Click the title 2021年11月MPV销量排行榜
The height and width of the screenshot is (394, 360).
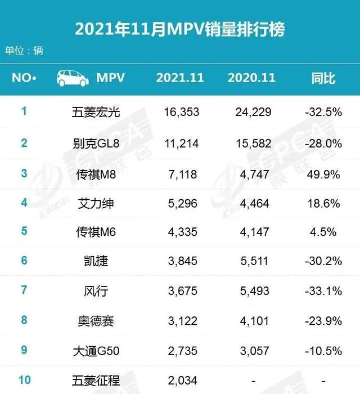point(179,29)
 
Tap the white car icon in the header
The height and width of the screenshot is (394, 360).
point(73,78)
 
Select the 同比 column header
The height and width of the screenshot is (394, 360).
point(323,78)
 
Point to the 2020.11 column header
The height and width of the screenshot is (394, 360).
point(251,78)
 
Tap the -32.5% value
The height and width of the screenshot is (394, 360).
point(323,113)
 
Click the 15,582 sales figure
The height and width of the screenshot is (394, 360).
point(251,144)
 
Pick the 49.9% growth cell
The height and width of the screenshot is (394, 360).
point(323,174)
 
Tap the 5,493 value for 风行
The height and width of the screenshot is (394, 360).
point(251,290)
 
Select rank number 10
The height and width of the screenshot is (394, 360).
point(24,380)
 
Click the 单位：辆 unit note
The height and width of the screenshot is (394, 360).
point(24,51)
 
